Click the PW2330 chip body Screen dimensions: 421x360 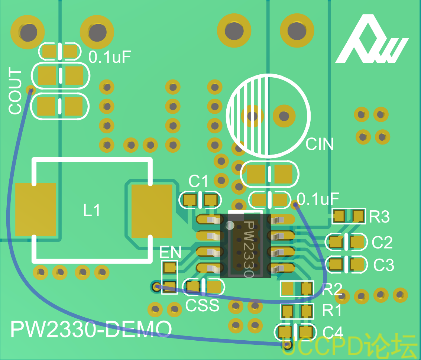point(245,246)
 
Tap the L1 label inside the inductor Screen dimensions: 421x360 point(91,210)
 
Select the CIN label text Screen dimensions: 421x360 point(320,144)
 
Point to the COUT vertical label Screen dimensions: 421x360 point(15,91)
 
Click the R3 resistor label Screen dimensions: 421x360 point(379,217)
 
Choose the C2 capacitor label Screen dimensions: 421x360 point(382,242)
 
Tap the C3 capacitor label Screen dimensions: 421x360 point(384,265)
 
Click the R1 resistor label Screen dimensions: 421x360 point(331,310)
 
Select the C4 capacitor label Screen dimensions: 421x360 point(333,332)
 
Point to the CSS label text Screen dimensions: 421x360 point(202,305)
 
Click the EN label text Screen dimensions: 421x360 point(170,252)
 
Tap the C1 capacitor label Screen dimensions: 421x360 point(198,182)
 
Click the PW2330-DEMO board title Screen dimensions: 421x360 point(91,329)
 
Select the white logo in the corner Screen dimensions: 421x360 point(372,40)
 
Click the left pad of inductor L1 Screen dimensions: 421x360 point(35,210)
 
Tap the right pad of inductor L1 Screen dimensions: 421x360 point(152,211)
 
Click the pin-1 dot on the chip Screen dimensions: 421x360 point(230,226)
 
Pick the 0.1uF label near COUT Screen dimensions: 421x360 point(110,57)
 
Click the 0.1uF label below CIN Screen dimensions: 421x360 point(318,199)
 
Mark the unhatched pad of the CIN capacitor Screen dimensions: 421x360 point(284,116)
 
